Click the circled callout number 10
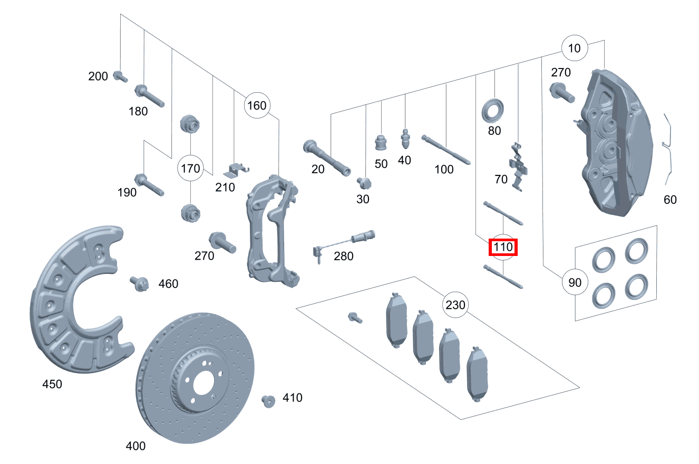(x=575, y=48)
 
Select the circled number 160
(x=257, y=105)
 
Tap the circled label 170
(x=190, y=169)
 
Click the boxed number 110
(x=503, y=247)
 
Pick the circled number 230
(x=455, y=305)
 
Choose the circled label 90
(x=575, y=283)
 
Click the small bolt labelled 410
(x=269, y=401)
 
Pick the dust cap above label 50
(x=381, y=143)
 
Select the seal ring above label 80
(x=494, y=110)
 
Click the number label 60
(x=671, y=200)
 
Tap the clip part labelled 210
(x=237, y=170)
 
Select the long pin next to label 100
(x=446, y=150)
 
